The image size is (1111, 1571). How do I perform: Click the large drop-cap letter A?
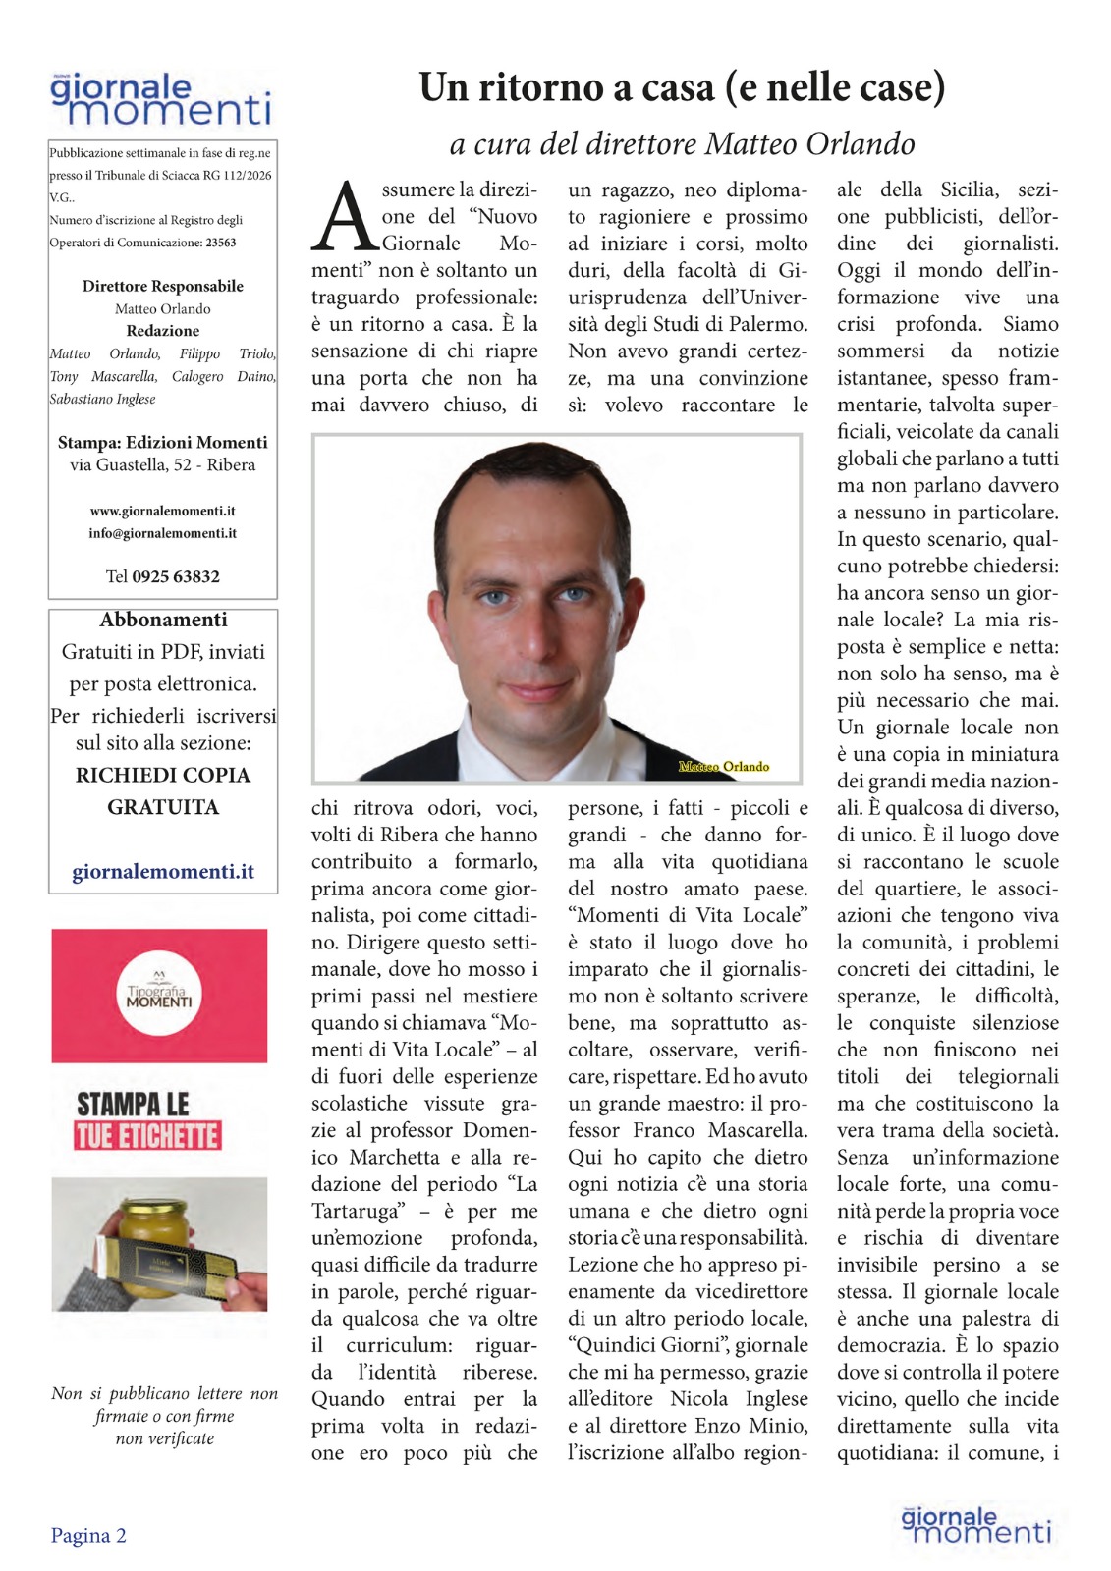344,218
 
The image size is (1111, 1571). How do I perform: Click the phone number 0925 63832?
176,577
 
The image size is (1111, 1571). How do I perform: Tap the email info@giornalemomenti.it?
162,534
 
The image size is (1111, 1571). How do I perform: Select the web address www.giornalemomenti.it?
162,512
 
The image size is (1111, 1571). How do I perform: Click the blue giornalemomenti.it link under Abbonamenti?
163,872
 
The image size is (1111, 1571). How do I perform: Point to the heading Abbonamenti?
163,620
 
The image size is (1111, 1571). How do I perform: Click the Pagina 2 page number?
88,1536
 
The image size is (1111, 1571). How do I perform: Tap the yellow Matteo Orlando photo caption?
724,767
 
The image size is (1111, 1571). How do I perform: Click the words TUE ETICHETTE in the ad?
148,1137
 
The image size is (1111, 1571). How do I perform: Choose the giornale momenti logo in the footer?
976,1526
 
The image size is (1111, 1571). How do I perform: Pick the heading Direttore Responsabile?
163,287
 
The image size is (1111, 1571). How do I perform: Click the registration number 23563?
220,243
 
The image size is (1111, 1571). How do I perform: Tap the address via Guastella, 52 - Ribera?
163,465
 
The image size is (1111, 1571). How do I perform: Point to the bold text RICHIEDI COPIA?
163,776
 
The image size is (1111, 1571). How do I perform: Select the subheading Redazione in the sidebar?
163,332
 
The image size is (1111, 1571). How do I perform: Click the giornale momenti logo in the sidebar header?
160,100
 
